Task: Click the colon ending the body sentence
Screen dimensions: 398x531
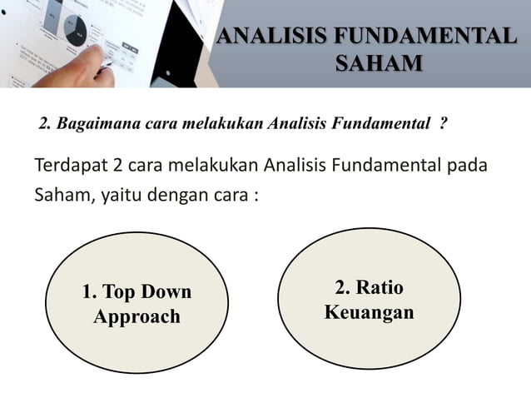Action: [252, 200]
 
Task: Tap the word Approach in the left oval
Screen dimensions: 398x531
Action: [137, 317]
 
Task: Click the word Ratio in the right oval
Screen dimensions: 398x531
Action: [381, 288]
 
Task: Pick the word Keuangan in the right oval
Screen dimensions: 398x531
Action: [369, 314]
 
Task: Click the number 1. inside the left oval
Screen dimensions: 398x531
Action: [89, 292]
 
